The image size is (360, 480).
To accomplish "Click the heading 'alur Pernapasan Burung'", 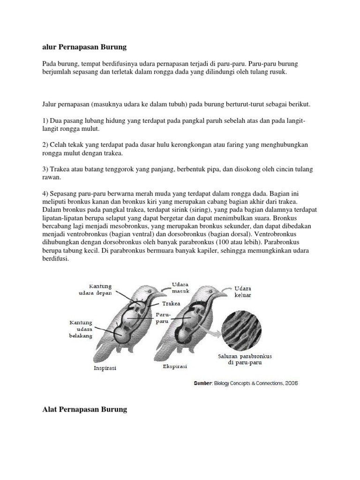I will (84, 47).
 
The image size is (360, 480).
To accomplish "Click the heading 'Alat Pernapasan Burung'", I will (85, 409).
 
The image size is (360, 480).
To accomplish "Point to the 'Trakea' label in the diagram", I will (171, 303).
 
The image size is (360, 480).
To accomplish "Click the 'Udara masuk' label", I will (180, 287).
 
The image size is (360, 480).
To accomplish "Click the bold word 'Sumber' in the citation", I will (203, 383).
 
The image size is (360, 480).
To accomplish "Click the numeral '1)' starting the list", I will (45, 121).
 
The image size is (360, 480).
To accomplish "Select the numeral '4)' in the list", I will (45, 193).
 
